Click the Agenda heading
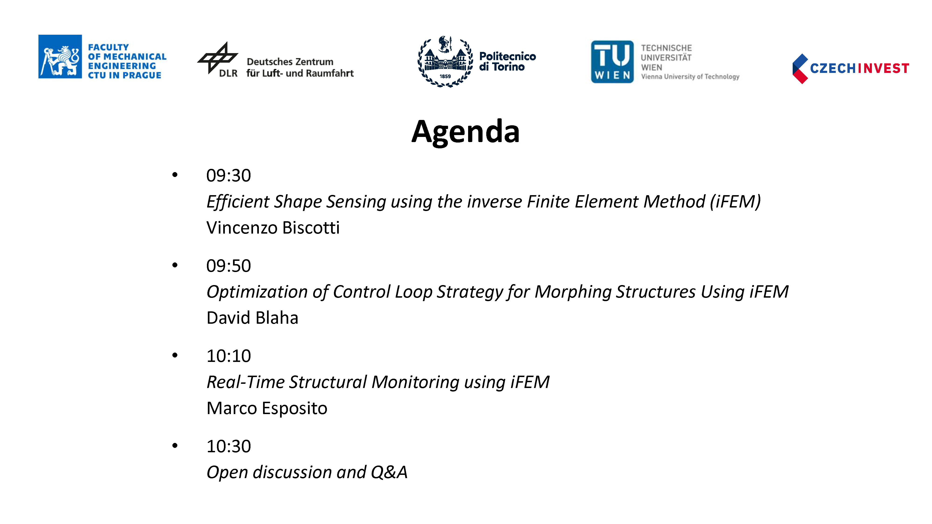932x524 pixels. pos(465,132)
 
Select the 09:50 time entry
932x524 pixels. pos(228,266)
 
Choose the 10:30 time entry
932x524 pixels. pos(228,446)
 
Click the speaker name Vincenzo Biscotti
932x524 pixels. pos(273,228)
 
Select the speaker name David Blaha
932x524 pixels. pos(252,318)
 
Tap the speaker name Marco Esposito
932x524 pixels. pos(267,408)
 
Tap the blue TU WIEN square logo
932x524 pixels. pos(612,61)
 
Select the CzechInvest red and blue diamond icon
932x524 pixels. pos(800,69)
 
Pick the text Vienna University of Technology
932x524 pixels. pos(690,77)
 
